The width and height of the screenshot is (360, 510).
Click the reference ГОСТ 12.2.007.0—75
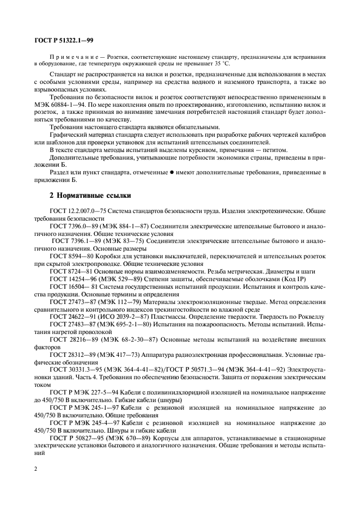click(77, 209)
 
